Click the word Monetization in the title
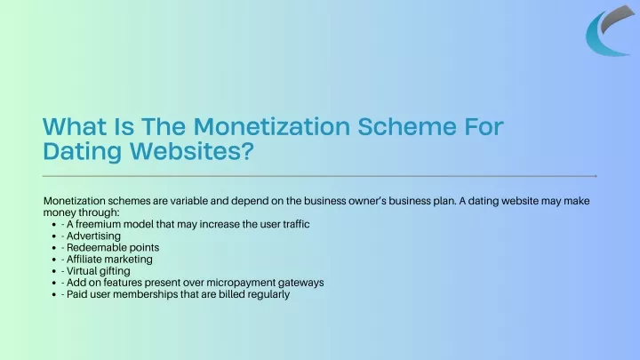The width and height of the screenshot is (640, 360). (x=272, y=126)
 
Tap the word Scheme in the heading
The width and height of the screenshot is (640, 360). (x=407, y=126)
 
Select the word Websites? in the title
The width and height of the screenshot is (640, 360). (x=192, y=150)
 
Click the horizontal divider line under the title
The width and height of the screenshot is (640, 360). (x=320, y=176)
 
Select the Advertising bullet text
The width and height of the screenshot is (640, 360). (x=93, y=236)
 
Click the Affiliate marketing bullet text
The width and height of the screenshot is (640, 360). (x=109, y=260)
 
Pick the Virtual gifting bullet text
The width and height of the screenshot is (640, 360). (x=99, y=271)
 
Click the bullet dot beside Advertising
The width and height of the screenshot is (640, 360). (x=54, y=236)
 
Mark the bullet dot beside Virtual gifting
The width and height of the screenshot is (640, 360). (x=54, y=271)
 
